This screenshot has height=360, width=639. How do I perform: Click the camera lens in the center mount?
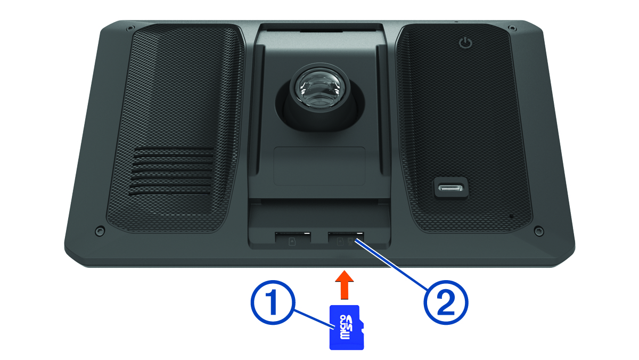click(x=320, y=87)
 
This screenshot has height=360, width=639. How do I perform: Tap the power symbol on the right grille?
click(x=465, y=43)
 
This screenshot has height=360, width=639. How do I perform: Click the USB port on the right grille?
click(x=451, y=188)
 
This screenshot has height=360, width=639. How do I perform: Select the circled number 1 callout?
click(x=272, y=302)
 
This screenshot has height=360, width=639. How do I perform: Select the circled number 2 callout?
click(x=446, y=302)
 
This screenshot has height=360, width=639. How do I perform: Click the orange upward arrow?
click(x=345, y=285)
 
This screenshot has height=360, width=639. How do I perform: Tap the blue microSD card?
click(x=347, y=327)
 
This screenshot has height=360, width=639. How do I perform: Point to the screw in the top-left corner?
click(x=130, y=28)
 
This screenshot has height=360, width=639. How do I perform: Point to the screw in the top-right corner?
click(x=512, y=28)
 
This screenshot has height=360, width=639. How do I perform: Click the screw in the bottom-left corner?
click(x=100, y=231)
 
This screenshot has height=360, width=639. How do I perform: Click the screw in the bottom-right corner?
click(x=538, y=231)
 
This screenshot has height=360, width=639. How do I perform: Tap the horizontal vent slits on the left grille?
click(x=172, y=171)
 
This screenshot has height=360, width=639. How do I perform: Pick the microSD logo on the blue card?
click(x=346, y=327)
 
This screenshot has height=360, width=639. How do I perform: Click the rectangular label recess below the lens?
click(x=319, y=166)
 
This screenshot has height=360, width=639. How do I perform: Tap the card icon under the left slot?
click(x=292, y=242)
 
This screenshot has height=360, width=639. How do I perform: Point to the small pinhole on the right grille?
click(x=511, y=217)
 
